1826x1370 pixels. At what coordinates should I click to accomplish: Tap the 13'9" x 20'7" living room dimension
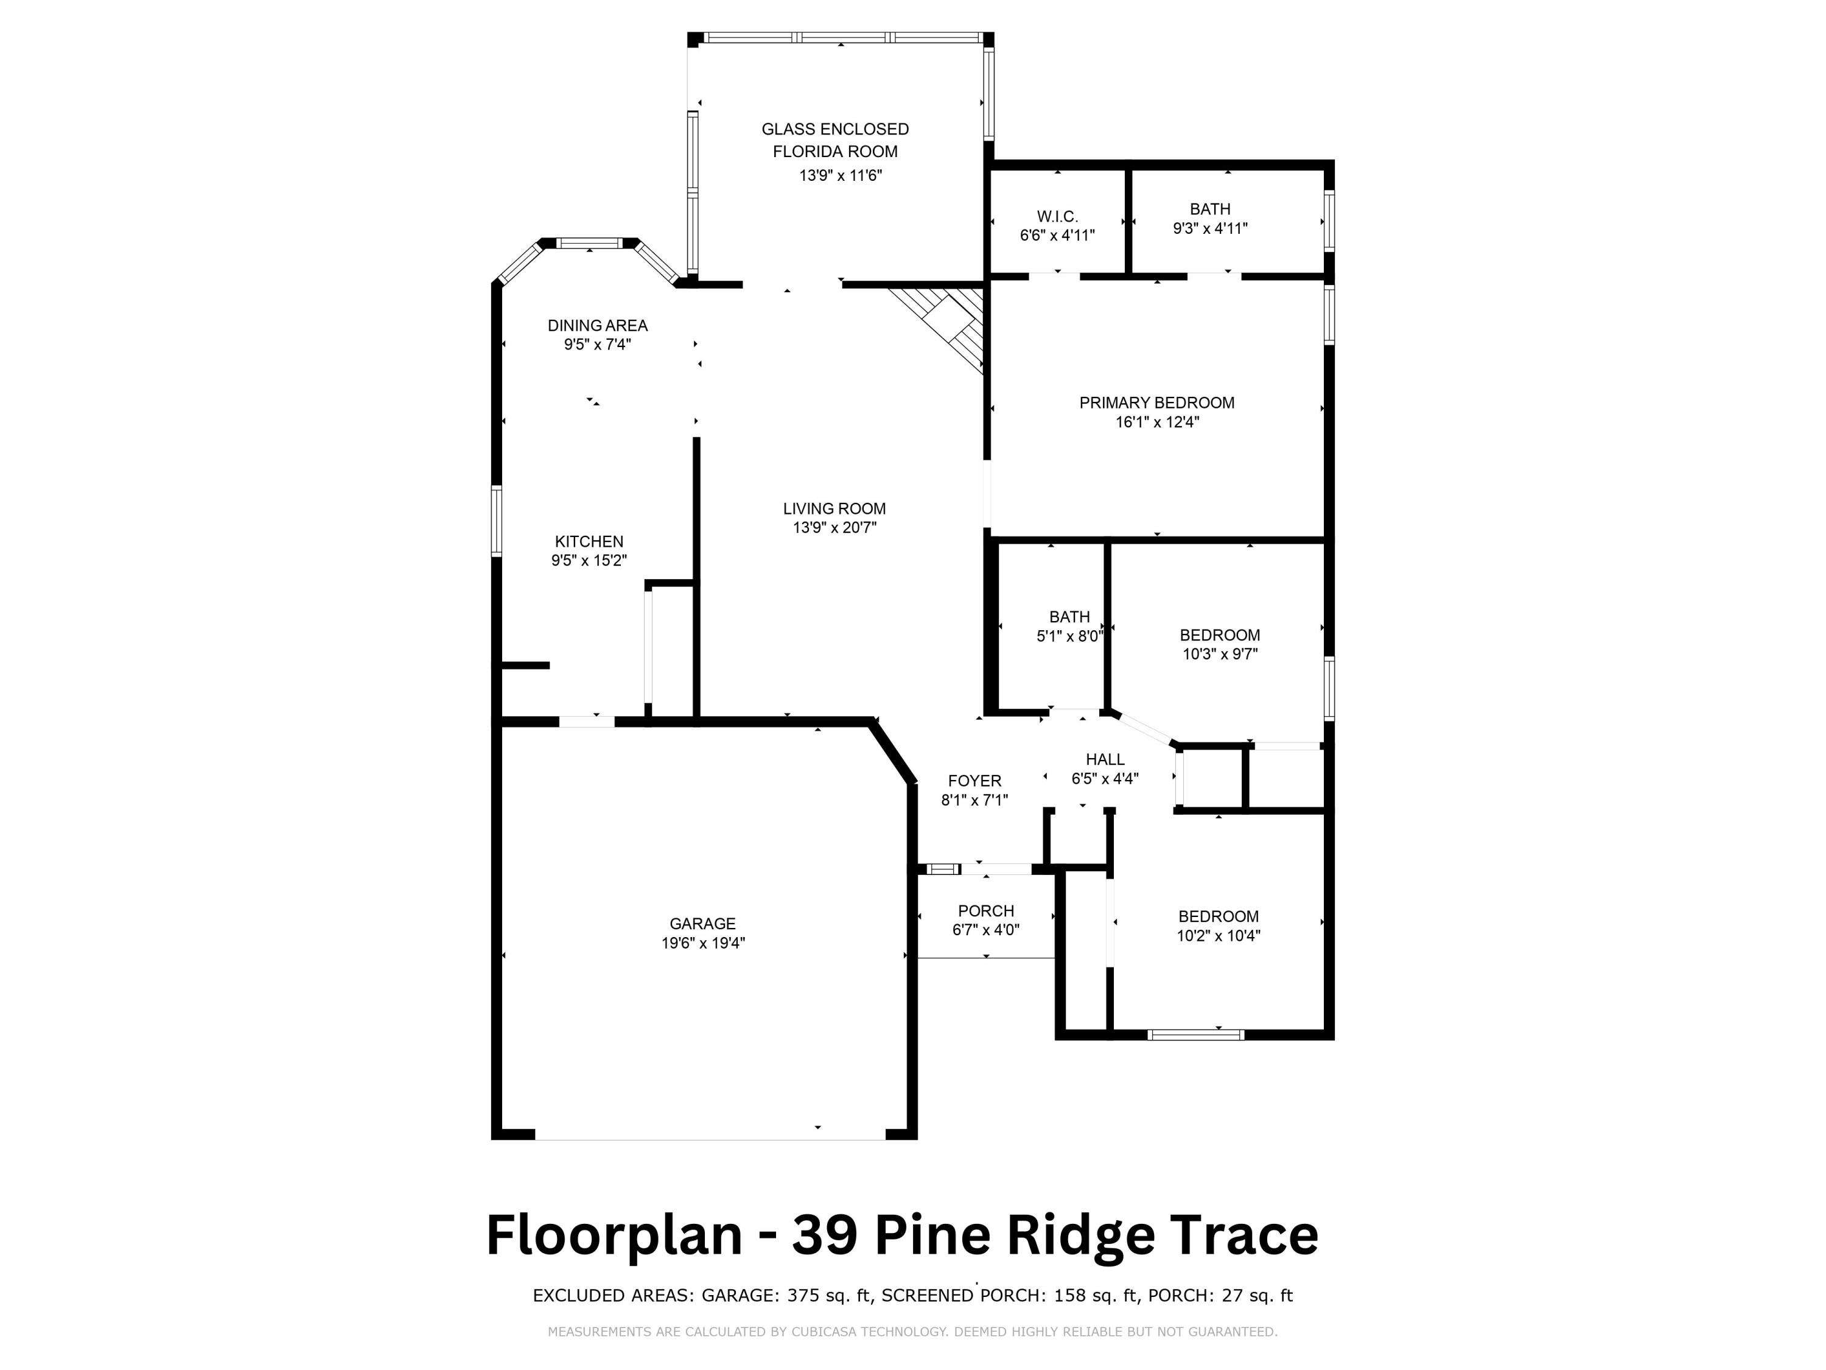click(834, 528)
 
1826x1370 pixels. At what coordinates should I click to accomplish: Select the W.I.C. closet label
click(1057, 216)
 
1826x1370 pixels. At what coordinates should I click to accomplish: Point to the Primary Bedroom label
click(1156, 403)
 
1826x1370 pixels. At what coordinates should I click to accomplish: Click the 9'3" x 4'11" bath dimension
click(1209, 229)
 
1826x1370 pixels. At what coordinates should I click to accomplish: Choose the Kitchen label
click(589, 542)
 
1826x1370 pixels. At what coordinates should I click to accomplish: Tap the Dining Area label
click(597, 325)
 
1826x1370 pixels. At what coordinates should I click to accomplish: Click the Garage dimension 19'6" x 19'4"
click(702, 943)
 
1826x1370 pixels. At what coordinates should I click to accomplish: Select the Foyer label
click(974, 781)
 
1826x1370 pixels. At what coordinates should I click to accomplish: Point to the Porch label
click(985, 911)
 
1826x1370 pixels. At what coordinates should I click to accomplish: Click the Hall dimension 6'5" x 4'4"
click(1105, 778)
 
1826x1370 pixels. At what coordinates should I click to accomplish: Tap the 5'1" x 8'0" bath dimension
click(1069, 637)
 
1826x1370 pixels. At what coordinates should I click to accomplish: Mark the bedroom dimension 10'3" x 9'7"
click(1219, 654)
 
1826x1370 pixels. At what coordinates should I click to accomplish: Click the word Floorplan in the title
click(614, 1236)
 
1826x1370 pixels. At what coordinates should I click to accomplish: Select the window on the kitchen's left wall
click(496, 521)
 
